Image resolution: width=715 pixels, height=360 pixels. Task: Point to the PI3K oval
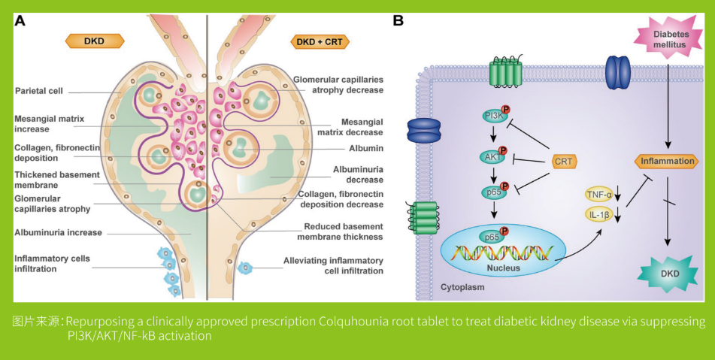(x=494, y=116)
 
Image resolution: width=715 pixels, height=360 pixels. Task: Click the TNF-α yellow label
(x=599, y=195)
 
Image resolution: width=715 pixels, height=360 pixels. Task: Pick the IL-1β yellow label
(x=599, y=216)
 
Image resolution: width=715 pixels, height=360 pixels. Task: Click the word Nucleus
(x=492, y=268)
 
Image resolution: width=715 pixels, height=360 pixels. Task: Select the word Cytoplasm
(x=461, y=287)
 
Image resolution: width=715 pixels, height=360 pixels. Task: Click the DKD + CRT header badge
(x=320, y=41)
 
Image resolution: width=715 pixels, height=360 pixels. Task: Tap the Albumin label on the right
(x=366, y=149)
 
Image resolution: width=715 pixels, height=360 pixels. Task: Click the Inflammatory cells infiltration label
(x=52, y=263)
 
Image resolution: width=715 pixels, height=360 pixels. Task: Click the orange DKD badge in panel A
(x=93, y=41)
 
